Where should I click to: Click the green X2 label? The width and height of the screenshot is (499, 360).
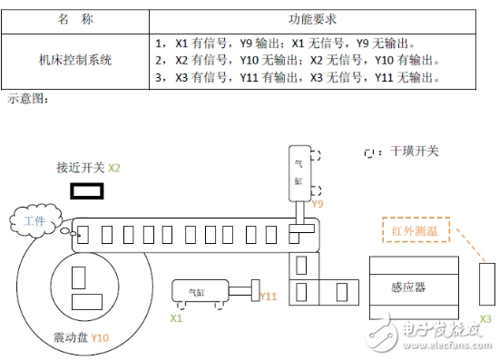point(114,169)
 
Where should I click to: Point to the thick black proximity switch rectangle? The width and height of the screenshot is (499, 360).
point(87,191)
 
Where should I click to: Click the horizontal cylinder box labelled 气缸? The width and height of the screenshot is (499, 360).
point(198,293)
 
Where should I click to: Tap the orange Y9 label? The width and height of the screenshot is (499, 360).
point(318,205)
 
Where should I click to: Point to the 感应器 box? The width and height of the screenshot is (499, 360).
point(408,287)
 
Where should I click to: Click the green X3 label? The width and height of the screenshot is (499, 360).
point(486,319)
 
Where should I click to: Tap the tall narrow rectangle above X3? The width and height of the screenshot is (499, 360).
point(485,283)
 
